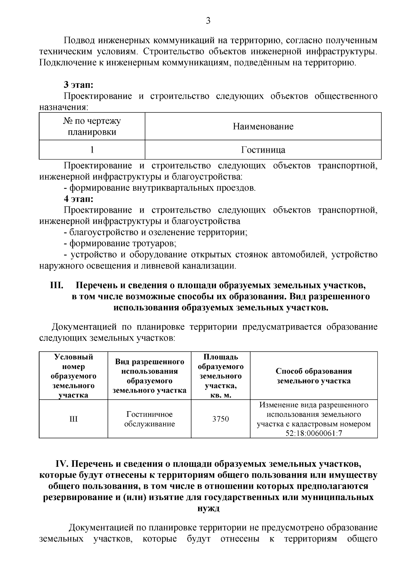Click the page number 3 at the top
tap(208, 21)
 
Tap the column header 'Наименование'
tap(263, 127)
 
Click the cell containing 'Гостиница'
tap(263, 150)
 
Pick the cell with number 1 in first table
tap(92, 150)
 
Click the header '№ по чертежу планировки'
tap(92, 127)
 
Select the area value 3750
tap(220, 419)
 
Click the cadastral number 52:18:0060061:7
tap(314, 433)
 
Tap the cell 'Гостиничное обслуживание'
tap(149, 419)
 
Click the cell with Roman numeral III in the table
tap(73, 419)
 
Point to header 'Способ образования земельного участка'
tap(314, 376)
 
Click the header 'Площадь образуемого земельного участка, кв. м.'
tap(220, 376)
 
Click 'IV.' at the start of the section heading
tap(62, 464)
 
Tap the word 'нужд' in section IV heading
tap(208, 508)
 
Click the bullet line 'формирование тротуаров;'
tap(123, 244)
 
